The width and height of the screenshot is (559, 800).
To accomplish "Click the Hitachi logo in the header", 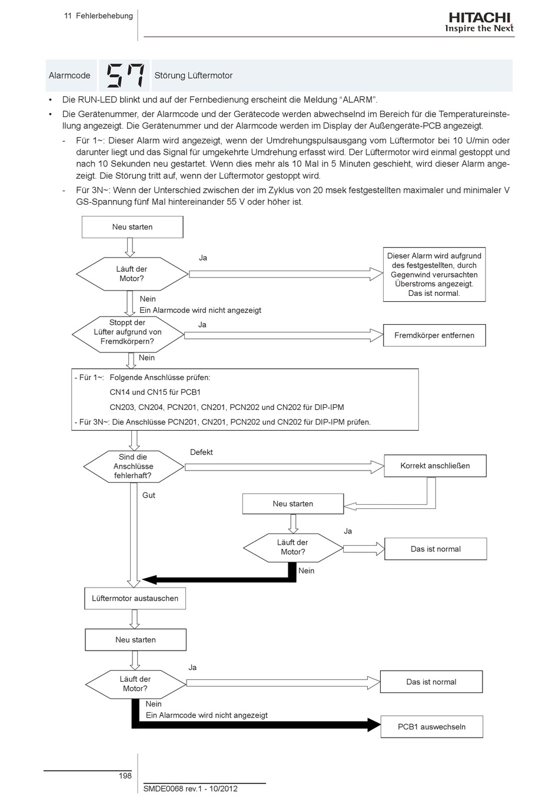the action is click(479, 22).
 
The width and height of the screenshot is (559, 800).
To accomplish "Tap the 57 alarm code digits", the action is click(125, 75).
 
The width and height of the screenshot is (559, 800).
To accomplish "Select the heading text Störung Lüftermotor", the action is click(193, 75).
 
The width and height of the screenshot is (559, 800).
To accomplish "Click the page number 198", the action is click(125, 775).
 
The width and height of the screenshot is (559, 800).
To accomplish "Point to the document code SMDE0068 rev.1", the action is click(173, 789).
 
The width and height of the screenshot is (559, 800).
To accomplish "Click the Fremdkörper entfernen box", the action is click(434, 335).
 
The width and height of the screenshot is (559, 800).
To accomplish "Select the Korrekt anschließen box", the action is click(435, 466).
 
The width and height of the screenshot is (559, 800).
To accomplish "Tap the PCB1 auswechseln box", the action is click(432, 727).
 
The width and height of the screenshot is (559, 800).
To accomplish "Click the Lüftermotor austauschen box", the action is click(135, 599).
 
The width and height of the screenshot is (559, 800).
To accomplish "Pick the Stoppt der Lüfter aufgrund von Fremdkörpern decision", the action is click(128, 334).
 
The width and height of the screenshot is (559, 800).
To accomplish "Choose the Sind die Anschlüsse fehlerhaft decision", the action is click(134, 466).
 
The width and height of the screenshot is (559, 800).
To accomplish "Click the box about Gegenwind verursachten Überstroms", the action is click(434, 274).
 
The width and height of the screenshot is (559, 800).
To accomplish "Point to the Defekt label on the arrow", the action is click(201, 452).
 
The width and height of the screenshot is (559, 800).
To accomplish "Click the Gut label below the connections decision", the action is click(149, 495).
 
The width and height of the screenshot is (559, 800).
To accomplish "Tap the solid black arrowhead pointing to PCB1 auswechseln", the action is click(374, 725).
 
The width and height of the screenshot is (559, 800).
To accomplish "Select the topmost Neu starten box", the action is click(132, 227).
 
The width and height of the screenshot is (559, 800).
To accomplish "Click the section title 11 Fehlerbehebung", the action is click(98, 16).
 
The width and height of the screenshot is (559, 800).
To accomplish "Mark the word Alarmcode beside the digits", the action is click(69, 75).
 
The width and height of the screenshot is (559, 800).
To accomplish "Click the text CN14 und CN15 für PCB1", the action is click(155, 392).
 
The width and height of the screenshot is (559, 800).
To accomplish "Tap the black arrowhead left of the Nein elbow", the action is click(149, 579).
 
